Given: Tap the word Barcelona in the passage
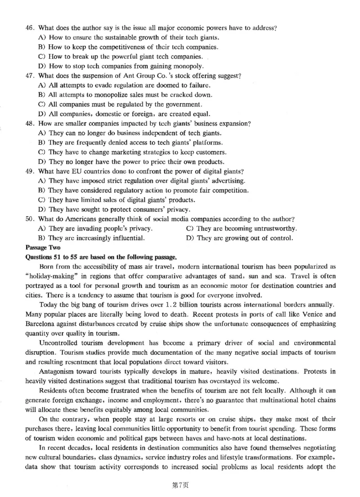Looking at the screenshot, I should point(41,324).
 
